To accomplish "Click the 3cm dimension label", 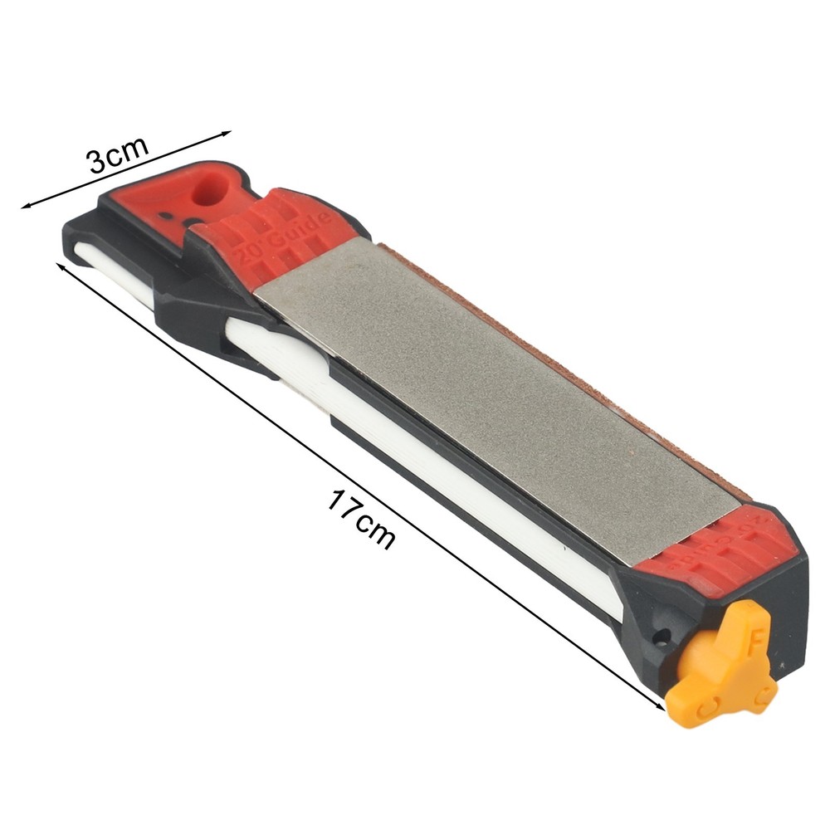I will (119, 154).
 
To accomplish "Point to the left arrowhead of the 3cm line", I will (26, 206).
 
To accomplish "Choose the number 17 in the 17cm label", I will (344, 508).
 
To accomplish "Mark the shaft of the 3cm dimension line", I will (124, 169).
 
